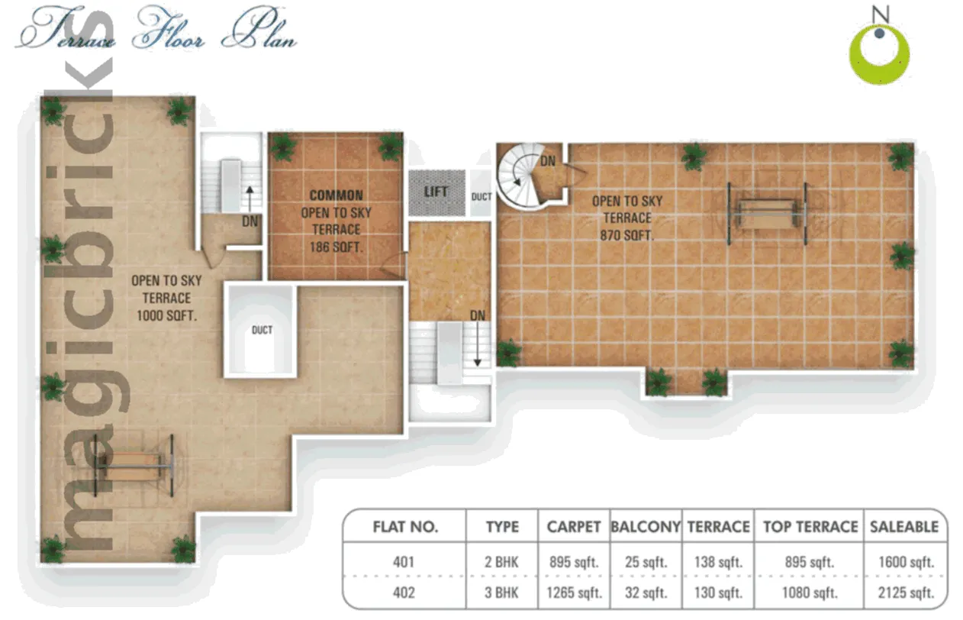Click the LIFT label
point(436,192)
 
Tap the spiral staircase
point(521,176)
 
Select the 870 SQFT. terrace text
point(626,236)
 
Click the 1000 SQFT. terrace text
point(166,316)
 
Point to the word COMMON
point(337,195)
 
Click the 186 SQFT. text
point(337,247)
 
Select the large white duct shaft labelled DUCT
point(260,330)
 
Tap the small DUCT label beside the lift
point(481,197)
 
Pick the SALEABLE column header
point(904,527)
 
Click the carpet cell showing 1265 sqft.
point(574,593)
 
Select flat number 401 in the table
point(403,562)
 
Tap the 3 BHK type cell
point(501,593)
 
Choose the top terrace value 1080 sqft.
point(810,593)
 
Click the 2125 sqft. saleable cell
point(906,593)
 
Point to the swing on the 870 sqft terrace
point(768,213)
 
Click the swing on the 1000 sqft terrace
point(134,466)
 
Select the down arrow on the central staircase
point(477,344)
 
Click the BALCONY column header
point(646,527)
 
